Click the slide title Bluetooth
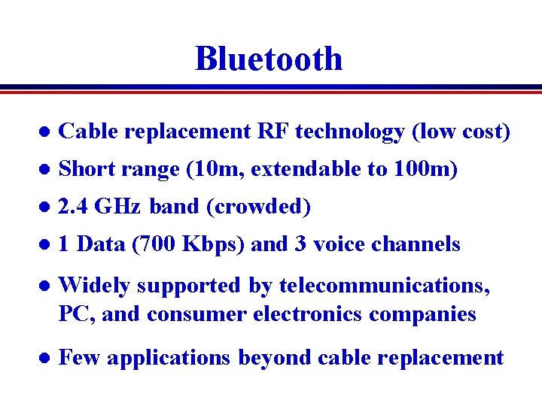[x=269, y=59]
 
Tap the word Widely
[x=94, y=286]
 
